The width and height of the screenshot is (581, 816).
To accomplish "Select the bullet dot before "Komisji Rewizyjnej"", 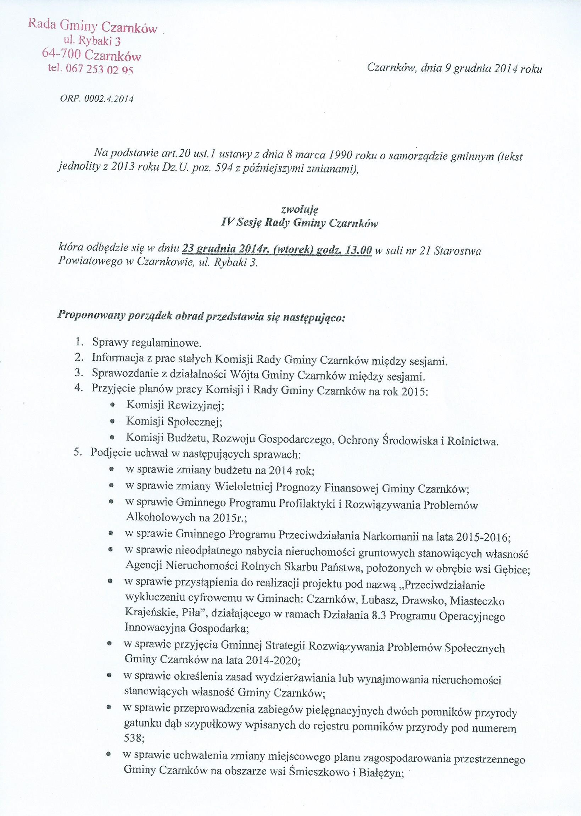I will point(112,405).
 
